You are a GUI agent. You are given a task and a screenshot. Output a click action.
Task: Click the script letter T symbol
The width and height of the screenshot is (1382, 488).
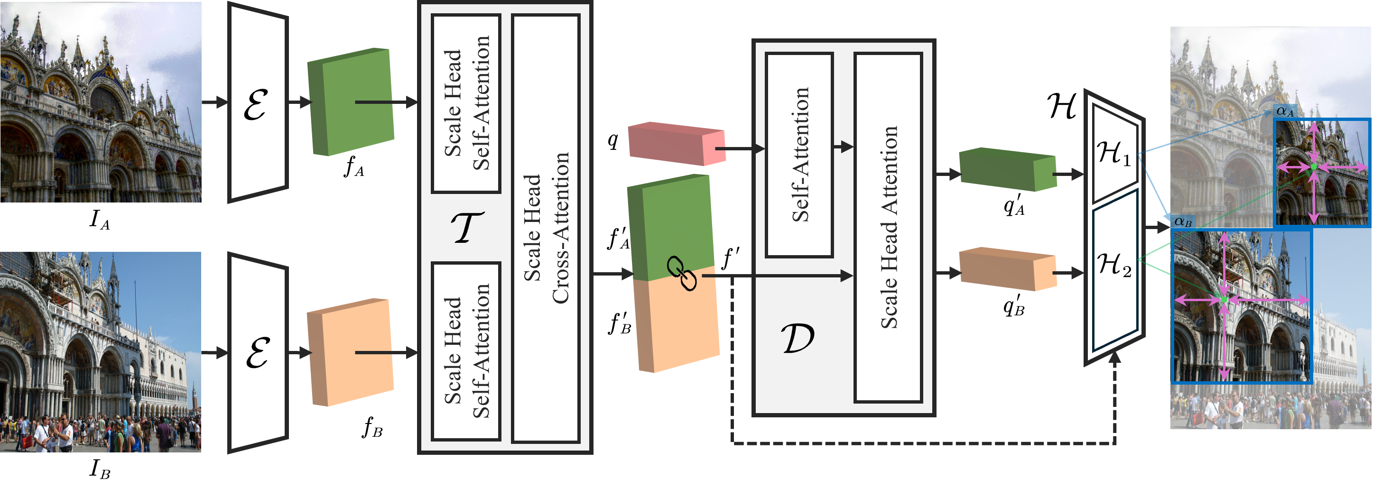467,227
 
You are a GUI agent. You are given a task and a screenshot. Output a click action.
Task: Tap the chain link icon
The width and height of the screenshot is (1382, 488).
681,274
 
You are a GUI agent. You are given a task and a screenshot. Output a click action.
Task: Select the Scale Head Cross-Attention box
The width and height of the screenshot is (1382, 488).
546,228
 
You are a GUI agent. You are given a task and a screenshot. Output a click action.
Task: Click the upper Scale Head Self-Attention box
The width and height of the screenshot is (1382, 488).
466,103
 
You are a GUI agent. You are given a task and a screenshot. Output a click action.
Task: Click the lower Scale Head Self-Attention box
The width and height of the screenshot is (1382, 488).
466,351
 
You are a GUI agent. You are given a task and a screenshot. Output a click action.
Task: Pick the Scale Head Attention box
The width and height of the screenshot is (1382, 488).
888,227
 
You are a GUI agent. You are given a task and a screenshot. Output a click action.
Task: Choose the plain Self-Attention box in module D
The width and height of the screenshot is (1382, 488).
799,155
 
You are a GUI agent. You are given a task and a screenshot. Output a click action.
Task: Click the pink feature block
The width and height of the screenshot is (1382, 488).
676,143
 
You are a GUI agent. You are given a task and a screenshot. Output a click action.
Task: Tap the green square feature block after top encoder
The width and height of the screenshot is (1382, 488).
351,102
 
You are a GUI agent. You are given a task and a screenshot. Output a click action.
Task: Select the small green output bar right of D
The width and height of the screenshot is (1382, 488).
1007,169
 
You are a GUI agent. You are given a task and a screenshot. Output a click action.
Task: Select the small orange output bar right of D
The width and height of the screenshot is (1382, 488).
1007,269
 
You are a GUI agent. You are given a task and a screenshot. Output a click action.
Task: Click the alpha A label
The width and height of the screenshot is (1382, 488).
1284,111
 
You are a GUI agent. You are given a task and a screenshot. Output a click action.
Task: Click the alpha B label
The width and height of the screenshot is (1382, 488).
1182,221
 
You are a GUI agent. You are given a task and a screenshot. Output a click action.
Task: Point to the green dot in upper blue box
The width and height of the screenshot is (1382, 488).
1313,167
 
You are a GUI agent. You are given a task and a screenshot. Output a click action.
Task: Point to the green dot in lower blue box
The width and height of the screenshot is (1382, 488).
1224,299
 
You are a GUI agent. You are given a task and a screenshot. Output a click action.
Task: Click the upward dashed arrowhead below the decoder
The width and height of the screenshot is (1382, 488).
1115,357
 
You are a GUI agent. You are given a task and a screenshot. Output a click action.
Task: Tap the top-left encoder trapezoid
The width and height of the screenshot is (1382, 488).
258,102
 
